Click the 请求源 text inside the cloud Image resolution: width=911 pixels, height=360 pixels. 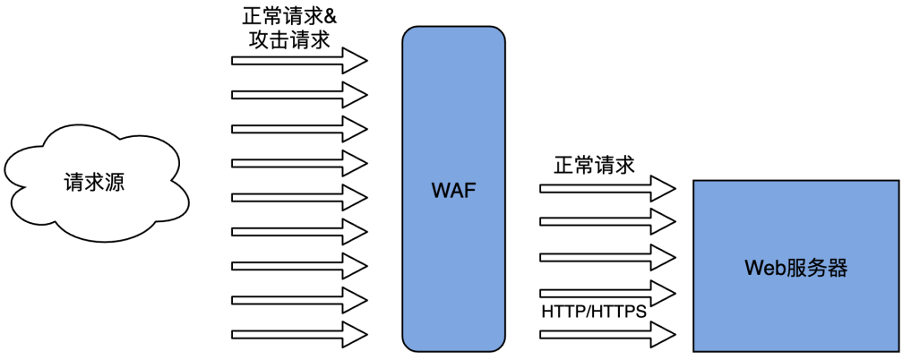tap(93, 183)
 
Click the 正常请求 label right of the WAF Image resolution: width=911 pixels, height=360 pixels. tap(594, 166)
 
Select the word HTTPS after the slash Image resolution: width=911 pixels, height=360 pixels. tap(617, 313)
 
